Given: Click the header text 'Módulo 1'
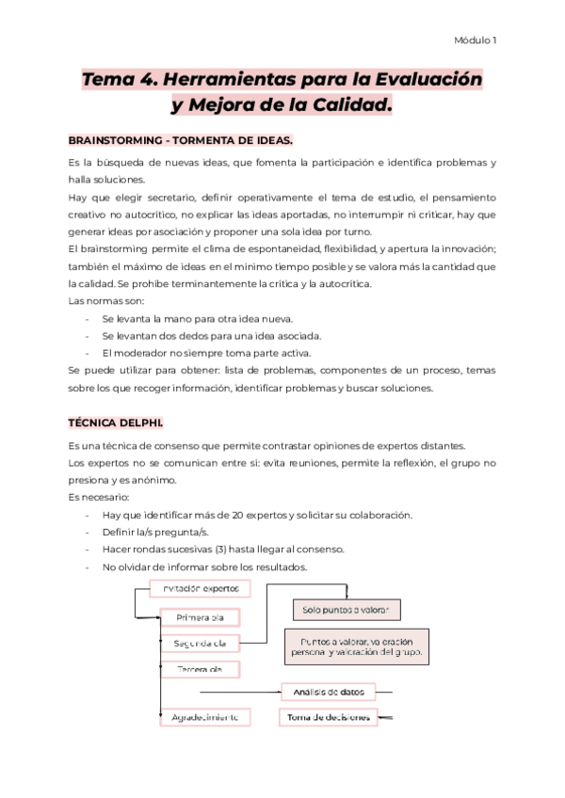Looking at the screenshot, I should point(476,40).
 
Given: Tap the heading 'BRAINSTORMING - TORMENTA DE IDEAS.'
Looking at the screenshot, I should point(181,140).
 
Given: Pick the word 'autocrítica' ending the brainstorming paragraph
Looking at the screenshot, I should point(339,284).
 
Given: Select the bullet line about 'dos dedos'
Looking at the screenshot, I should point(211,335).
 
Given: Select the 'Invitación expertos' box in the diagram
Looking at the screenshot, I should point(200,589).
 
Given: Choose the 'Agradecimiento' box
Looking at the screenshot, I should point(204,717).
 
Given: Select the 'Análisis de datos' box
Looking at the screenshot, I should point(328,693).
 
